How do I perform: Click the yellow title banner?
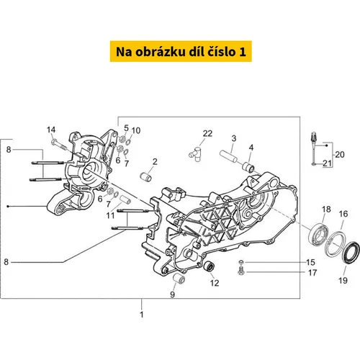tap(181, 51)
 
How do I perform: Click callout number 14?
tap(51, 130)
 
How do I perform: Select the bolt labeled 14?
tap(58, 145)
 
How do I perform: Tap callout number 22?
tap(207, 133)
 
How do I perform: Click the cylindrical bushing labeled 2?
tap(146, 177)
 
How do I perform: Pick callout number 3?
tap(234, 138)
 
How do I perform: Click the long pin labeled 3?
tap(228, 156)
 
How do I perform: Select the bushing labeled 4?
tap(248, 167)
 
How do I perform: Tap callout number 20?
tap(340, 155)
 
